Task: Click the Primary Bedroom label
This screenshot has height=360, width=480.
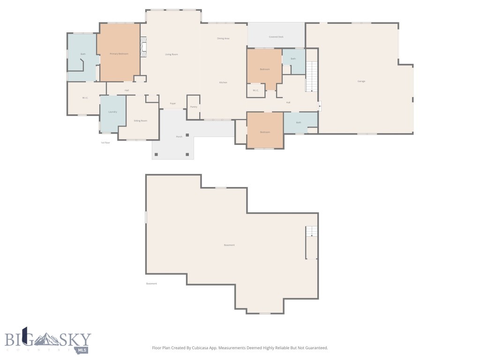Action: click(x=119, y=54)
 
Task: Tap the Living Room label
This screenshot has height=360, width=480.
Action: click(x=171, y=54)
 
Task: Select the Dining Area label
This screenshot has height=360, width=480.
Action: click(x=223, y=38)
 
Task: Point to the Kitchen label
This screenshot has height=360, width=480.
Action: click(x=223, y=82)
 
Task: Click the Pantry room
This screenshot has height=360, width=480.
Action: click(x=194, y=107)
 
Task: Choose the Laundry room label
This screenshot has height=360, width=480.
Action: click(x=112, y=112)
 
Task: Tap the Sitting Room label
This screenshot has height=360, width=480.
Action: click(x=141, y=120)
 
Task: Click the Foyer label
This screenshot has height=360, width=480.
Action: click(x=172, y=104)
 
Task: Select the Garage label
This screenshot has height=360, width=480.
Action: click(x=361, y=81)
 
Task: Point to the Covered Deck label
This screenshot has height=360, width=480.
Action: click(x=276, y=37)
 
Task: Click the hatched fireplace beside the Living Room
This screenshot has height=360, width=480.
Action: click(x=144, y=47)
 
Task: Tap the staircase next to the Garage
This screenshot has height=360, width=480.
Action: click(x=312, y=76)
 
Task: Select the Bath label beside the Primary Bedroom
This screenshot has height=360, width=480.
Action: click(x=83, y=54)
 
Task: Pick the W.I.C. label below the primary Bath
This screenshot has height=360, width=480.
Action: click(x=85, y=97)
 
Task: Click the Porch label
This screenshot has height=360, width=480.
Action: click(x=179, y=137)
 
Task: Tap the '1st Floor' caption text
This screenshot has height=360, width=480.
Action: click(x=105, y=142)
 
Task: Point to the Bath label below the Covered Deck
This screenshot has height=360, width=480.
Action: click(x=293, y=59)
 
